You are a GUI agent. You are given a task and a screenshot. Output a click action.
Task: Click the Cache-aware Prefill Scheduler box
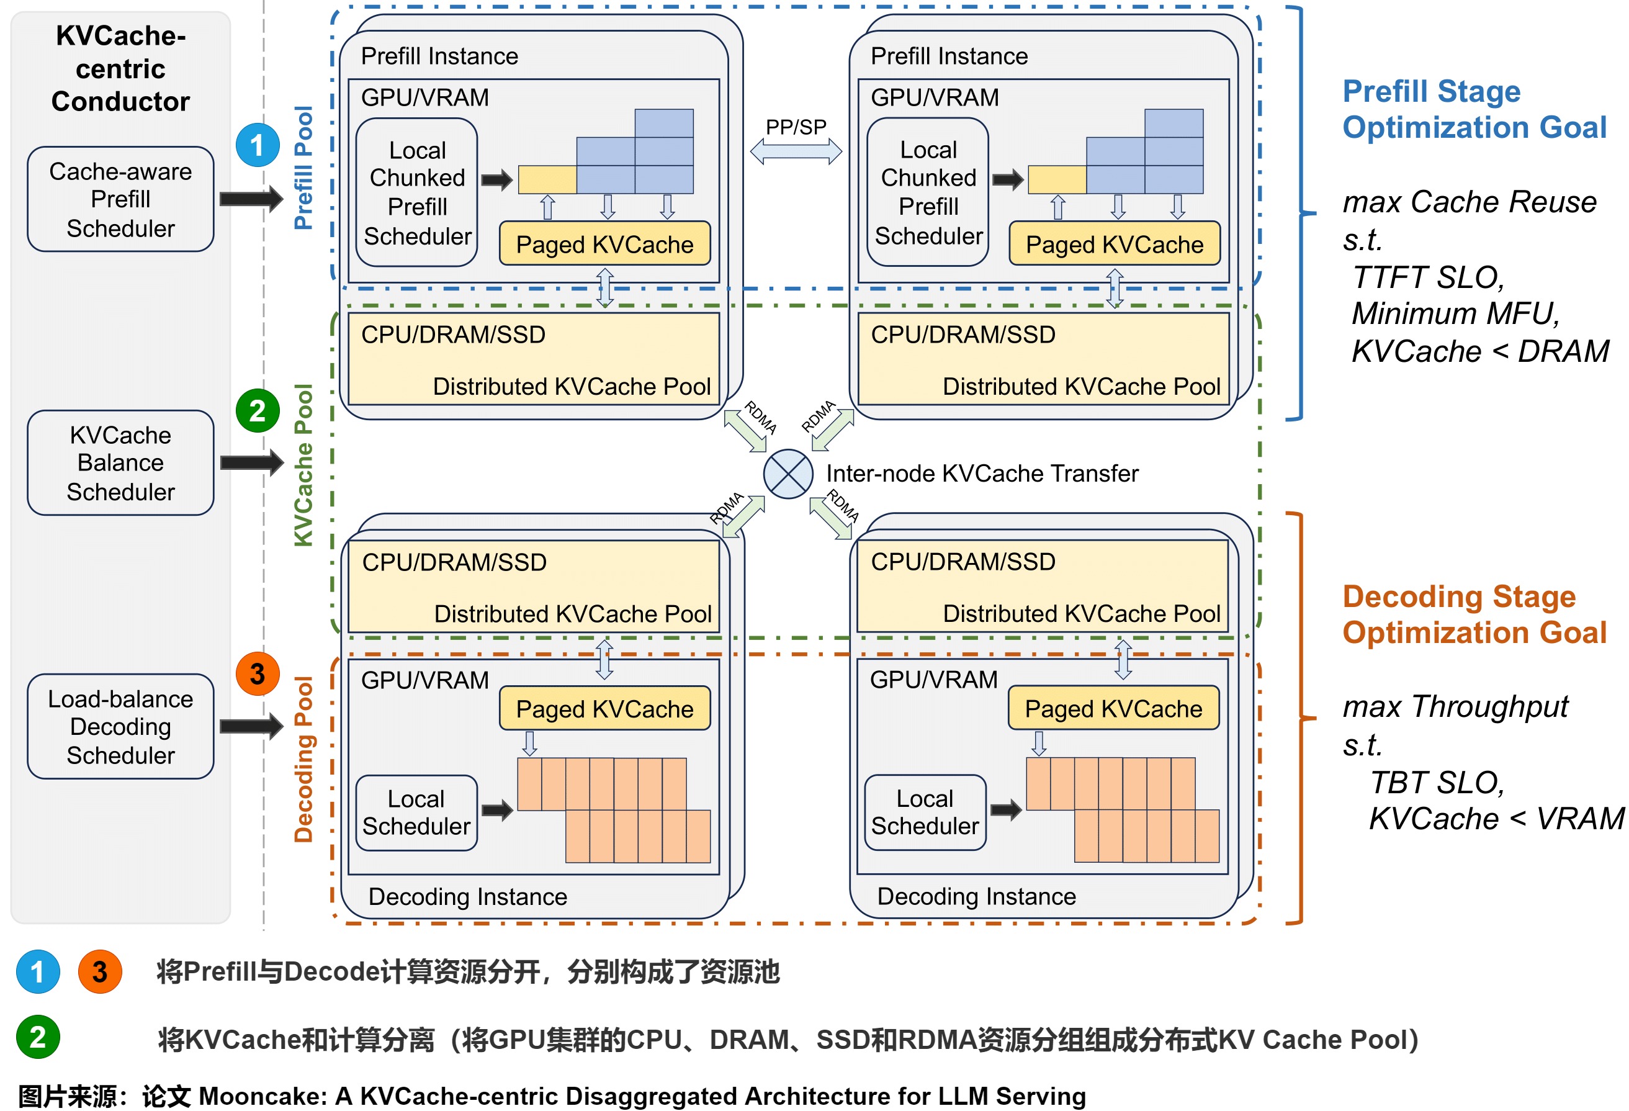click(x=120, y=199)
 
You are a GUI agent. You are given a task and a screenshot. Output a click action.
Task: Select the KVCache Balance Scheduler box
click(x=120, y=462)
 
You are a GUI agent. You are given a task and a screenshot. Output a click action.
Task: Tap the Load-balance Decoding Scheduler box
click(x=120, y=726)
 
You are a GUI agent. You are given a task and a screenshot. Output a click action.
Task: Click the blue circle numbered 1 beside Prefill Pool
click(x=258, y=145)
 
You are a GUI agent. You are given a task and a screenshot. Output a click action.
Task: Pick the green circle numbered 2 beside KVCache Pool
click(x=258, y=411)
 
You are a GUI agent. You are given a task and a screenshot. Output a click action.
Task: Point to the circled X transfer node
click(x=788, y=474)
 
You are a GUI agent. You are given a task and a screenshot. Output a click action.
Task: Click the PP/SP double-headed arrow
click(x=796, y=151)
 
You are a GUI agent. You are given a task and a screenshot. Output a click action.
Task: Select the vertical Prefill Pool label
click(x=303, y=168)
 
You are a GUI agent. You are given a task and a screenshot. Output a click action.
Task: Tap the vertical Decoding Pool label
click(x=303, y=758)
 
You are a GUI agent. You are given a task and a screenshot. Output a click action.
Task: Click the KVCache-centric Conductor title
click(x=120, y=68)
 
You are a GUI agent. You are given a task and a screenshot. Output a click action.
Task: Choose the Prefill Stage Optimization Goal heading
click(x=1473, y=109)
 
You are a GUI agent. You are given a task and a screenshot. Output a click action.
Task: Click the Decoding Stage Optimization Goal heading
click(x=1473, y=614)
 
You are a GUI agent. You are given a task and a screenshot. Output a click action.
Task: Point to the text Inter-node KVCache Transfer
click(x=981, y=474)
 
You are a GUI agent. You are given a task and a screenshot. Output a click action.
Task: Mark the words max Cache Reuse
click(x=1469, y=202)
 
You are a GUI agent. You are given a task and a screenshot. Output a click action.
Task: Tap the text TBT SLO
click(x=1437, y=782)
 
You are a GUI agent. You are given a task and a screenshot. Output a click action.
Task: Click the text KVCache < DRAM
click(x=1479, y=351)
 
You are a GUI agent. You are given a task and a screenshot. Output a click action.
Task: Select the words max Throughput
click(x=1455, y=706)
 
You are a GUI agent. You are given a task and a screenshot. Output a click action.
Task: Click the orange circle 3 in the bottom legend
click(x=99, y=972)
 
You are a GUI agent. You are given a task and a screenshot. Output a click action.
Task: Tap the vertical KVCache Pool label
click(x=303, y=465)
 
